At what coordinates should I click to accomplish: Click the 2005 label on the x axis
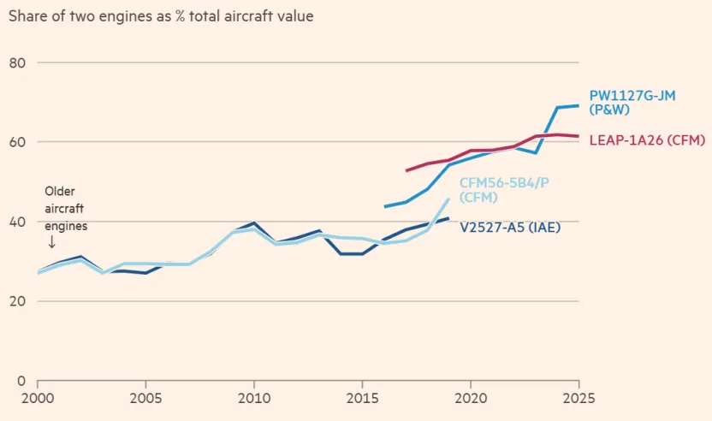coord(145,399)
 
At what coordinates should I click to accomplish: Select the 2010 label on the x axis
coord(253,399)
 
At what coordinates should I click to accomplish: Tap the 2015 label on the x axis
coord(361,399)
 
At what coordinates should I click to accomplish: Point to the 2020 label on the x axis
coord(470,399)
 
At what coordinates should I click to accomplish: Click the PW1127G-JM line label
coord(632,104)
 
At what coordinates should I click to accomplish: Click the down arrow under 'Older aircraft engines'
coord(51,242)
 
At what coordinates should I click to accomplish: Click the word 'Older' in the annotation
coord(61,193)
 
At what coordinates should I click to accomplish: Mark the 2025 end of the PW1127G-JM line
coord(578,106)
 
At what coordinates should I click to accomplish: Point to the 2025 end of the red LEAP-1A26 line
coord(578,136)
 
